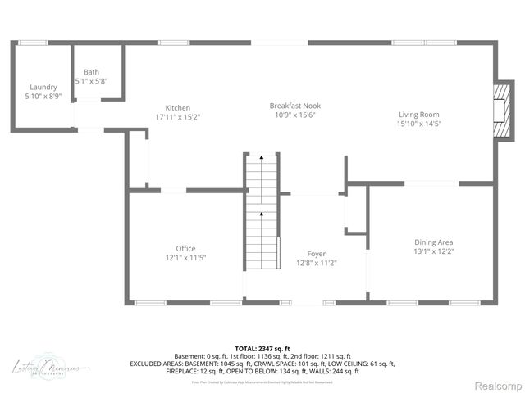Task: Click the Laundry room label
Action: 43,87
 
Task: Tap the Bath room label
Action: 90,72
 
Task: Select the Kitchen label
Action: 178,108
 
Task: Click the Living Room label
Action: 419,115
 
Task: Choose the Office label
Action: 185,248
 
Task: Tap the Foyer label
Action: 317,254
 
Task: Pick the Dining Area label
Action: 434,242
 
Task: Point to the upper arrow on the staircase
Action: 262,156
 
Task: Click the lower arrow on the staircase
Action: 262,215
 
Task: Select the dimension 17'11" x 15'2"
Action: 178,117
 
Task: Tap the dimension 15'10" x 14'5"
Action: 419,124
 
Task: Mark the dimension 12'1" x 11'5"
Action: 185,258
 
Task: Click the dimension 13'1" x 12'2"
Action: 434,251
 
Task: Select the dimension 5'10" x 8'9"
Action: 43,97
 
